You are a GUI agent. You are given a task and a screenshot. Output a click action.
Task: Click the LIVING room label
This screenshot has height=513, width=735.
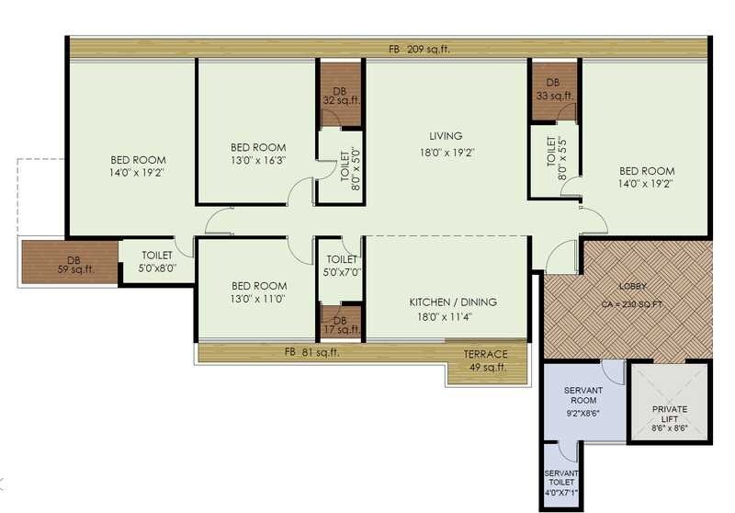445,136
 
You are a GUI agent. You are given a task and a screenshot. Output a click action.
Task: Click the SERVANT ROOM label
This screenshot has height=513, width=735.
582,397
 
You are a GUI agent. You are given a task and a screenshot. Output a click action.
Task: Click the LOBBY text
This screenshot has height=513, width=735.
632,287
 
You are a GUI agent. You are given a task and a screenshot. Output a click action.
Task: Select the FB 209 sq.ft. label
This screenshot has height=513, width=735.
419,50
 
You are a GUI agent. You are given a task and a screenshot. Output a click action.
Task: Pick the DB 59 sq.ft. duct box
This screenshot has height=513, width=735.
68,262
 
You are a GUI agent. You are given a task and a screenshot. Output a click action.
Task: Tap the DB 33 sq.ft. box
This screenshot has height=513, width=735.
554,89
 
